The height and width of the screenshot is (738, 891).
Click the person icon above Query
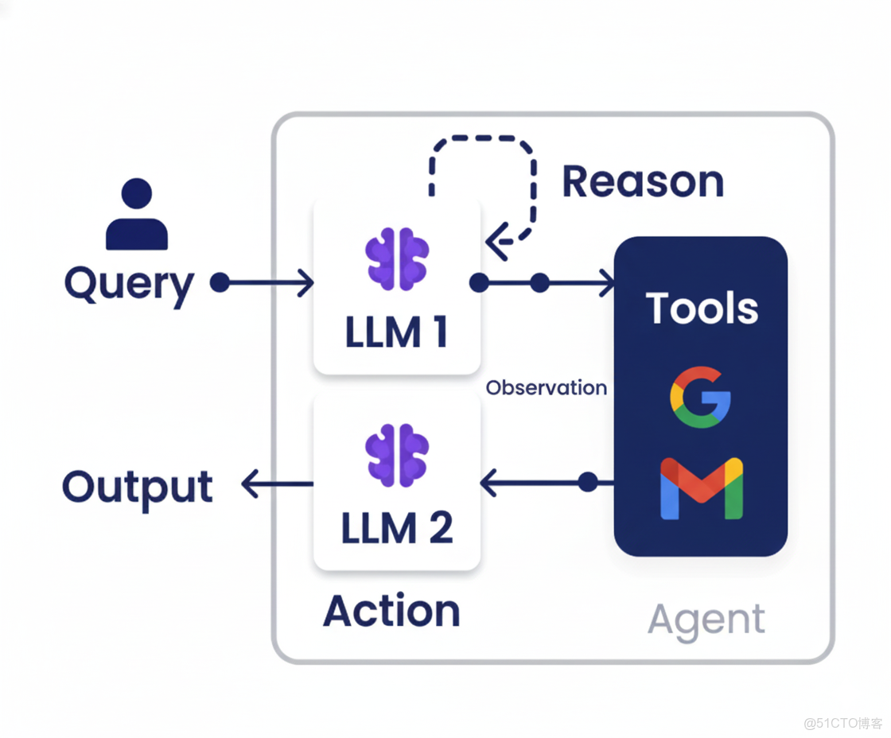pyautogui.click(x=137, y=214)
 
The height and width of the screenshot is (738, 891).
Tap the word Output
pyautogui.click(x=138, y=487)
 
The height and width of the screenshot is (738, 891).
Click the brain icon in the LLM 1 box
pyautogui.click(x=397, y=258)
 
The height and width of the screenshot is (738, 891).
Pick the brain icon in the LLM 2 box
pyautogui.click(x=397, y=454)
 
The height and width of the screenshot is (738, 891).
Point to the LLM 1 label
pyautogui.click(x=396, y=332)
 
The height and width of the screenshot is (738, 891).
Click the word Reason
pyautogui.click(x=643, y=181)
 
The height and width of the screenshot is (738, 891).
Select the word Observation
pyautogui.click(x=547, y=388)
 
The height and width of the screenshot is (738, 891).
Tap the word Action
pyautogui.click(x=391, y=611)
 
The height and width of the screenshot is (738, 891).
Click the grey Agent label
pyautogui.click(x=706, y=620)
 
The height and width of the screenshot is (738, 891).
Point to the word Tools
pyautogui.click(x=702, y=308)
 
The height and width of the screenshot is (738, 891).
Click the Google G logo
pyautogui.click(x=700, y=397)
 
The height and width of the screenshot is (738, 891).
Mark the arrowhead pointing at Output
pyautogui.click(x=251, y=483)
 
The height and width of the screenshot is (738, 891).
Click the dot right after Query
pyautogui.click(x=220, y=282)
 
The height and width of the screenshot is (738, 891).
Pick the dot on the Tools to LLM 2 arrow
pyautogui.click(x=588, y=482)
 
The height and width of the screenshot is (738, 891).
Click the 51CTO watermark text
pyautogui.click(x=842, y=723)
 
